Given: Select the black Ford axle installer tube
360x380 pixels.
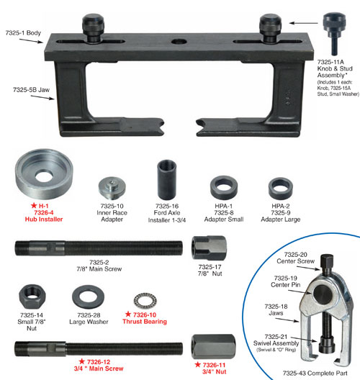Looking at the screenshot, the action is pyautogui.click(x=167, y=180).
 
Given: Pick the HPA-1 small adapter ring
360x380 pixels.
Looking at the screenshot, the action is pyautogui.click(x=224, y=188).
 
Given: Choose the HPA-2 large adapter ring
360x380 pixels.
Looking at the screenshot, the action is pyautogui.click(x=281, y=189).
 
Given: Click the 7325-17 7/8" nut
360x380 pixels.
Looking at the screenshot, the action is pyautogui.click(x=209, y=248).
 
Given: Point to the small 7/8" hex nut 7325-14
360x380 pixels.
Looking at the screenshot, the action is pyautogui.click(x=32, y=297).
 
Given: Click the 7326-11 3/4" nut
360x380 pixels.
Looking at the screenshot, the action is pyautogui.click(x=213, y=347).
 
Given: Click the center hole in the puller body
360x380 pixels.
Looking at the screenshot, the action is pyautogui.click(x=179, y=42).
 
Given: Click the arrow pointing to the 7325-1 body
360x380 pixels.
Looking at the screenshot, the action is pyautogui.click(x=31, y=41).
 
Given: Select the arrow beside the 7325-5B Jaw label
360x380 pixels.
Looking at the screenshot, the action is pyautogui.click(x=42, y=97).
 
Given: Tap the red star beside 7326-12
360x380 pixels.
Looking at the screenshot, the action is pyautogui.click(x=82, y=361).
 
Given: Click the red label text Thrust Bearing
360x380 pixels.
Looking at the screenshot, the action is pyautogui.click(x=145, y=322).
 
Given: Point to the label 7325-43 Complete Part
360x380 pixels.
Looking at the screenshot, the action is pyautogui.click(x=315, y=373).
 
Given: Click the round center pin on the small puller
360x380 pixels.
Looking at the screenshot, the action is pyautogui.click(x=323, y=294).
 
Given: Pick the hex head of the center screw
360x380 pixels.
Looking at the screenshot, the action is pyautogui.click(x=327, y=261).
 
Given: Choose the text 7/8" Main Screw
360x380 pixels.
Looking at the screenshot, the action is pyautogui.click(x=99, y=268).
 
